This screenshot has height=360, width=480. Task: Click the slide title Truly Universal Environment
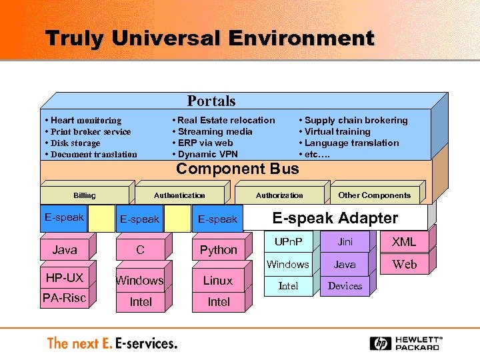coord(209,39)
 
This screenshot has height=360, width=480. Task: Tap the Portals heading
coord(211,101)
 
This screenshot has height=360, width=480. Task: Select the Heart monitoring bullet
coord(83,121)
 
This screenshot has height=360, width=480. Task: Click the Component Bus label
coord(237,169)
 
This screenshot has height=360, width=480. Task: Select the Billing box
coord(85,195)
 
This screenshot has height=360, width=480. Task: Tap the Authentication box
coord(179,195)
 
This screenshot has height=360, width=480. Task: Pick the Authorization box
coord(279,195)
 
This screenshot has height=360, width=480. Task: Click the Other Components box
coord(374,195)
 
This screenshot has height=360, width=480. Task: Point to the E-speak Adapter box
coord(335,218)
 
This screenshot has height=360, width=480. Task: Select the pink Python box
coord(218,250)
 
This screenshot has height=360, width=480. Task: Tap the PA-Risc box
coord(65,298)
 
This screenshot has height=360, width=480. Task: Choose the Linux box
coord(218,281)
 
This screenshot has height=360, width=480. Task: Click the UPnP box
coord(288,242)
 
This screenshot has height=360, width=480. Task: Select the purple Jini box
coord(345,242)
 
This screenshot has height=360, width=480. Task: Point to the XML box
coord(404,242)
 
